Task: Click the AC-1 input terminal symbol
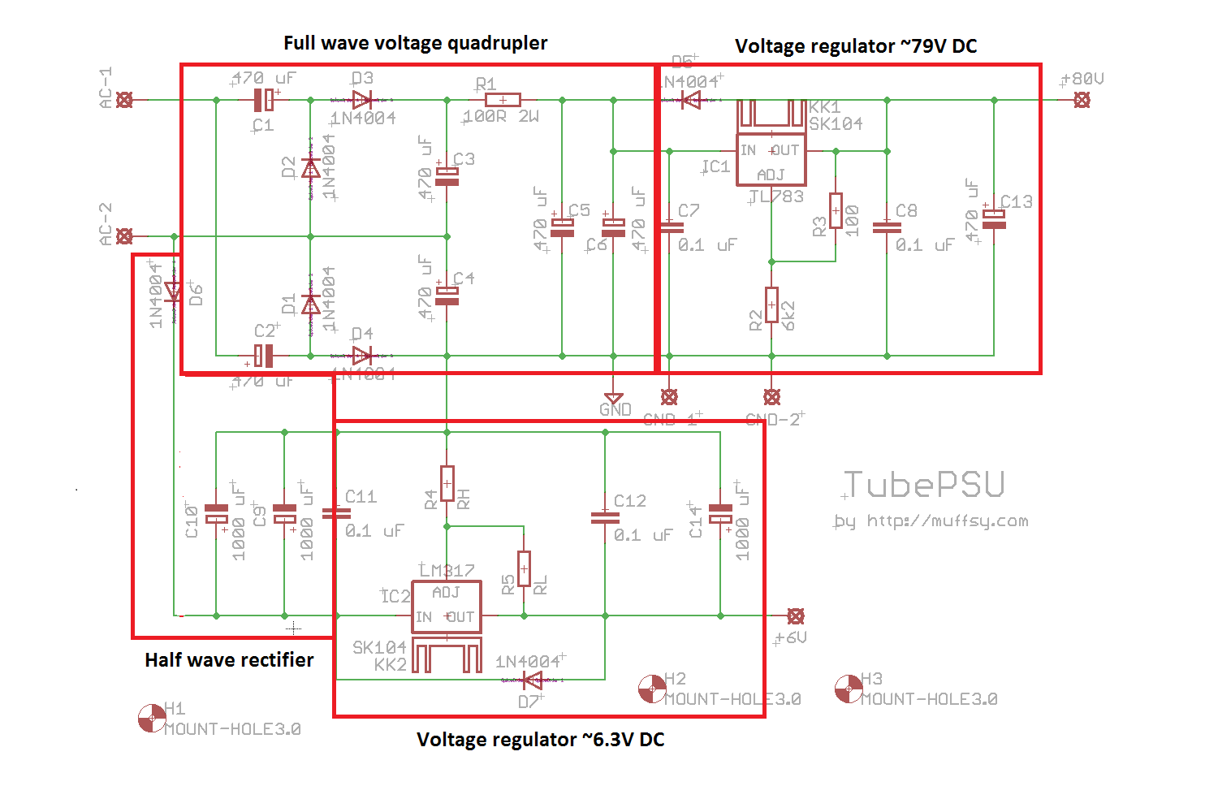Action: tap(124, 100)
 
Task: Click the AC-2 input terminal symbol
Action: tap(124, 236)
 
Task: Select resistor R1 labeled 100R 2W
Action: tap(503, 100)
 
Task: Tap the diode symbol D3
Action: tap(362, 100)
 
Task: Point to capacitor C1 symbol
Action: tap(263, 100)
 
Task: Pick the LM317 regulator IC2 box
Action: tap(447, 607)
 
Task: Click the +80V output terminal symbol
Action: tap(1082, 100)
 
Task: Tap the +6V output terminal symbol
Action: tap(797, 616)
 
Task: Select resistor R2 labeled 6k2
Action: tap(771, 305)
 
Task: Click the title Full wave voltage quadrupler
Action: tap(415, 43)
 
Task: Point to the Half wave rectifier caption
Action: tap(229, 660)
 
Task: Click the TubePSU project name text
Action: tap(925, 485)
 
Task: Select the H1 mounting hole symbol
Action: tap(152, 718)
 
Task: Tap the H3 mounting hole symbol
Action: tap(849, 689)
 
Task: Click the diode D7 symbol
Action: tap(533, 680)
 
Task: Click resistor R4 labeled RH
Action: tap(447, 483)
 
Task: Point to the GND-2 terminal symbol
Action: tap(772, 397)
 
